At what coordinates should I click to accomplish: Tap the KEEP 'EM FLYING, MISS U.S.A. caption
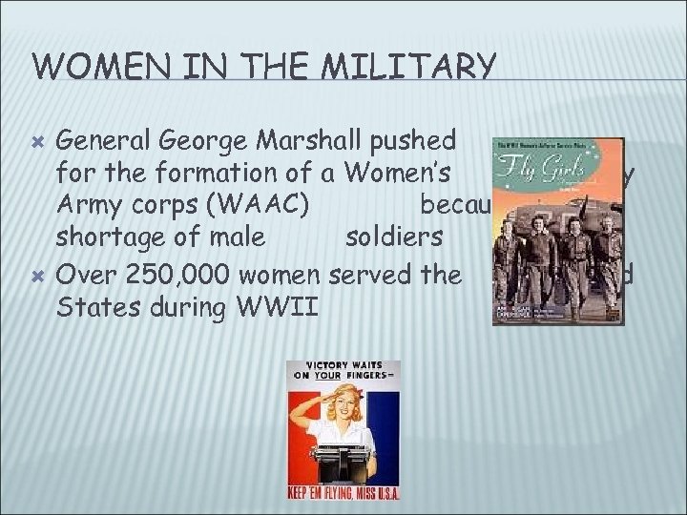pos(343,493)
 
